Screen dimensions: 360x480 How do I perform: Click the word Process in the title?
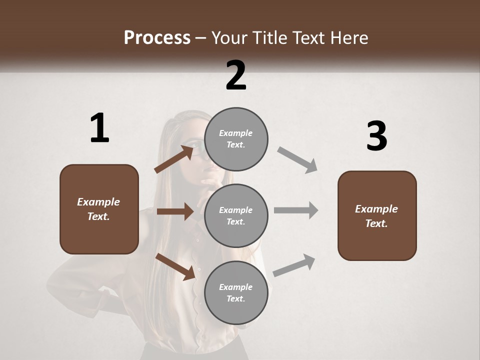click(157, 37)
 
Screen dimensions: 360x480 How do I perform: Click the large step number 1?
click(99, 128)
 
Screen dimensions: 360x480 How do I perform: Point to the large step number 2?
click(236, 75)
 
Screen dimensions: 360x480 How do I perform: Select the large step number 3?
click(376, 136)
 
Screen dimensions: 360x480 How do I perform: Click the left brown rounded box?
click(99, 209)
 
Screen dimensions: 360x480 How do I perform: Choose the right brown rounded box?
click(377, 216)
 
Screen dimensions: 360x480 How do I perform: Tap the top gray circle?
click(236, 139)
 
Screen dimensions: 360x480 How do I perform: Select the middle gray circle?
click(236, 215)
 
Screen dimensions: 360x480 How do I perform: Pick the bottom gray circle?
click(236, 292)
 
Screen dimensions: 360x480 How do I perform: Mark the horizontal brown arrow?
click(175, 211)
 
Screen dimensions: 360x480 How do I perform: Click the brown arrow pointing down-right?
click(175, 266)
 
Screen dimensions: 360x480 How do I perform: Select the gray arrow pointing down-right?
click(297, 160)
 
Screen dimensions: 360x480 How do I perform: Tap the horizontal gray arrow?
click(296, 210)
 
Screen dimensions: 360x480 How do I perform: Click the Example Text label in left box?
click(98, 209)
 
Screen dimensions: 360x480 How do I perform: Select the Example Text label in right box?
click(376, 216)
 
